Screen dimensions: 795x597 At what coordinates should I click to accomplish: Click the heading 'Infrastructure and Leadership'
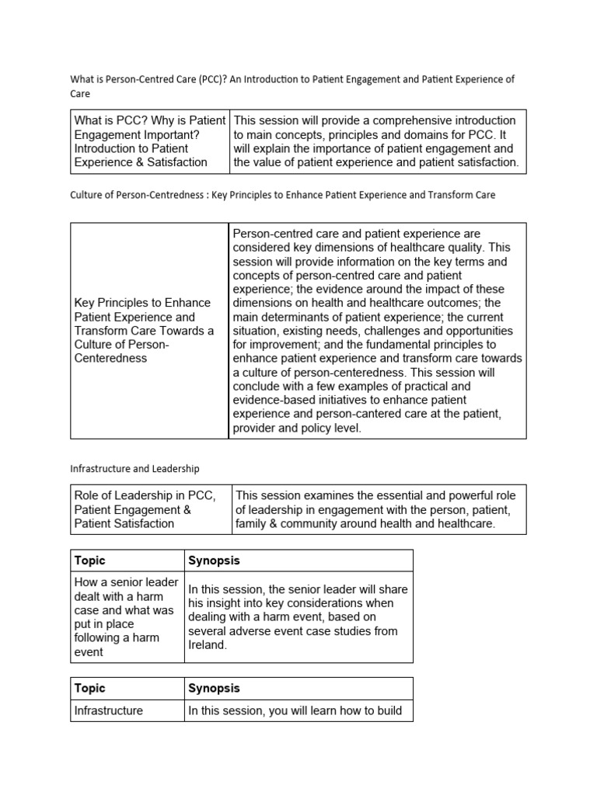[134, 468]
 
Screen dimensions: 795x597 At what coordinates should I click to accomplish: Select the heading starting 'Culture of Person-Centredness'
[282, 195]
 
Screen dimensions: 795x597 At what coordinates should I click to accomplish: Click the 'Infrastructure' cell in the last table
[108, 710]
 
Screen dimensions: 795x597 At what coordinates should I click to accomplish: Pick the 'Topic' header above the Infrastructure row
[89, 688]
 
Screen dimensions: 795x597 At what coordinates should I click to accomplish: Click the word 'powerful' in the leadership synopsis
[456, 495]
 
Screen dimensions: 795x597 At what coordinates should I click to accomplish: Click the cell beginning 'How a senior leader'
[127, 617]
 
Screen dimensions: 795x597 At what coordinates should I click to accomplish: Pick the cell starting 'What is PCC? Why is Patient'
[149, 141]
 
